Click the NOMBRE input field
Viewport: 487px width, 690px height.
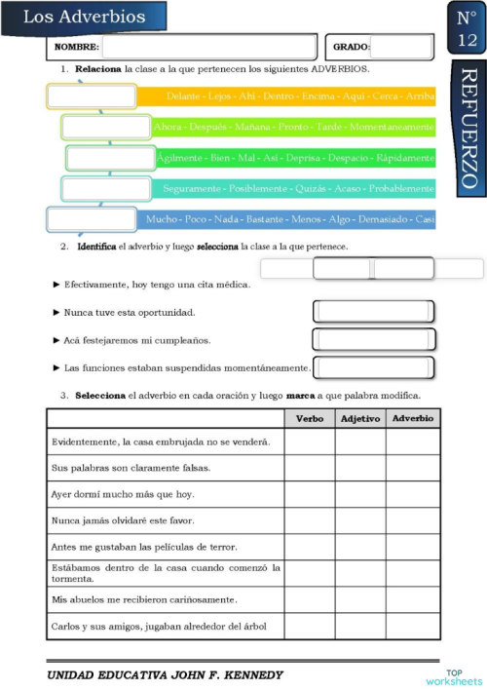coord(208,47)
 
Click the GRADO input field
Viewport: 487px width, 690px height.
coord(401,47)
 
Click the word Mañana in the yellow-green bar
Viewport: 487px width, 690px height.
coord(252,128)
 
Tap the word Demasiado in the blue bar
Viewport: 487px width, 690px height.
coord(385,219)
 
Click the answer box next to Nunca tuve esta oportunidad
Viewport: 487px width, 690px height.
coord(373,312)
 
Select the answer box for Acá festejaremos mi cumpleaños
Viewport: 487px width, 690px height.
coord(373,339)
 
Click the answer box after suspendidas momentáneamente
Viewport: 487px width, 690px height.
coord(374,367)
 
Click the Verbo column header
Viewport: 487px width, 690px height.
coord(309,419)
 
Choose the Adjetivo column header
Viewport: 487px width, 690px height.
coord(360,419)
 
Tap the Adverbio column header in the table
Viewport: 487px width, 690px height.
coord(413,419)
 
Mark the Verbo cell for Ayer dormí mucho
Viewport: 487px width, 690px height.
coord(309,494)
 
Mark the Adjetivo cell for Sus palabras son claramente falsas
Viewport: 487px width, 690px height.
coord(360,468)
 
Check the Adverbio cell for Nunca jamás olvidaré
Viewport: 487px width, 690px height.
coord(413,520)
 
